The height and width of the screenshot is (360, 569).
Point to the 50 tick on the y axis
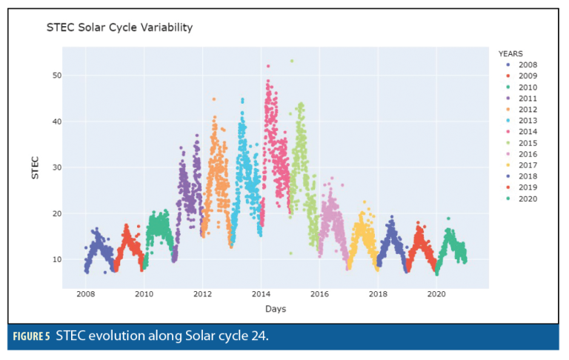55,76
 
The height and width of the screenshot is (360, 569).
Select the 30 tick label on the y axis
55,167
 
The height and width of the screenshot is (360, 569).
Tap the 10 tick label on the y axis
55,259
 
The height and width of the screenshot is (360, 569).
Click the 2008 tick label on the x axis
86,294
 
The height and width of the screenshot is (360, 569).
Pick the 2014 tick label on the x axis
261,294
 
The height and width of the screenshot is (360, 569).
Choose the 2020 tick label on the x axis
436,294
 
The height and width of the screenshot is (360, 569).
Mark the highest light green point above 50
292,61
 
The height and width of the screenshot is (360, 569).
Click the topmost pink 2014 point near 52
267,66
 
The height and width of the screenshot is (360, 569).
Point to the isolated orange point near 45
214,99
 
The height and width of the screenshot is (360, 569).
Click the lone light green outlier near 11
290,253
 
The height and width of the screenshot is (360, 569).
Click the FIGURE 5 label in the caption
31,337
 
